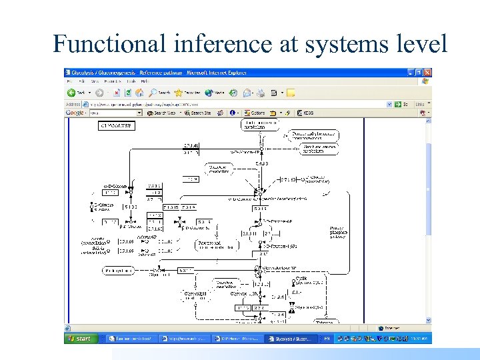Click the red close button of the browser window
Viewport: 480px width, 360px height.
428,73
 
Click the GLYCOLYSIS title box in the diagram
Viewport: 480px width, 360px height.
117,125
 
